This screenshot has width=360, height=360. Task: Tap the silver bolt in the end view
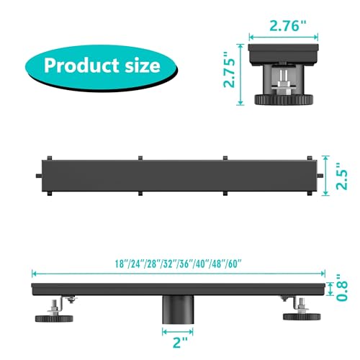[287, 81]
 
